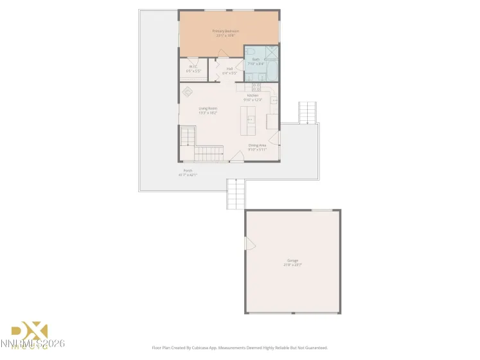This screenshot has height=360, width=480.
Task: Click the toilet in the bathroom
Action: click(251, 51)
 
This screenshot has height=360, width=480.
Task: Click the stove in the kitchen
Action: click(256, 85)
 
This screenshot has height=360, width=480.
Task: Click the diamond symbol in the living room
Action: click(189, 91)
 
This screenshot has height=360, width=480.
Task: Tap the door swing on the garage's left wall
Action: click(251, 244)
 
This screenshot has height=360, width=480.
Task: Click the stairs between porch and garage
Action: click(236, 194)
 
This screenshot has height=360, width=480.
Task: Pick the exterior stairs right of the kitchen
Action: click(308, 113)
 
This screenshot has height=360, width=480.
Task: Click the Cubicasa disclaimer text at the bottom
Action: click(240, 348)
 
